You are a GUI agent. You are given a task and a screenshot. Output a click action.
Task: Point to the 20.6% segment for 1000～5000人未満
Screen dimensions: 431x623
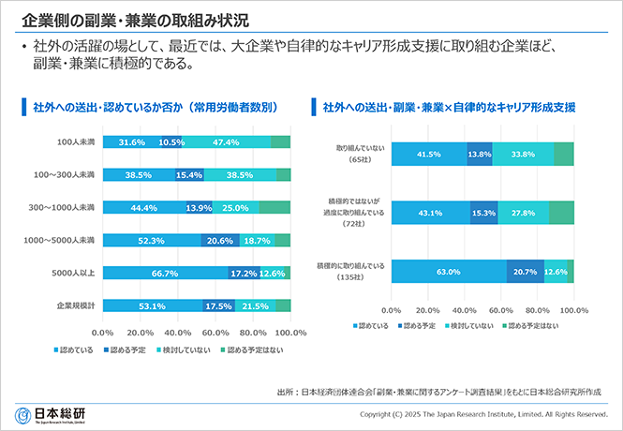click(x=218, y=240)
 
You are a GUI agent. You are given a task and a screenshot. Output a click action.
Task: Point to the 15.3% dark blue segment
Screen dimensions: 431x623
click(x=484, y=214)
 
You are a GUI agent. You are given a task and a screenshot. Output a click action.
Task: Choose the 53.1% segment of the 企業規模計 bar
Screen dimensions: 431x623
click(x=152, y=305)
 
